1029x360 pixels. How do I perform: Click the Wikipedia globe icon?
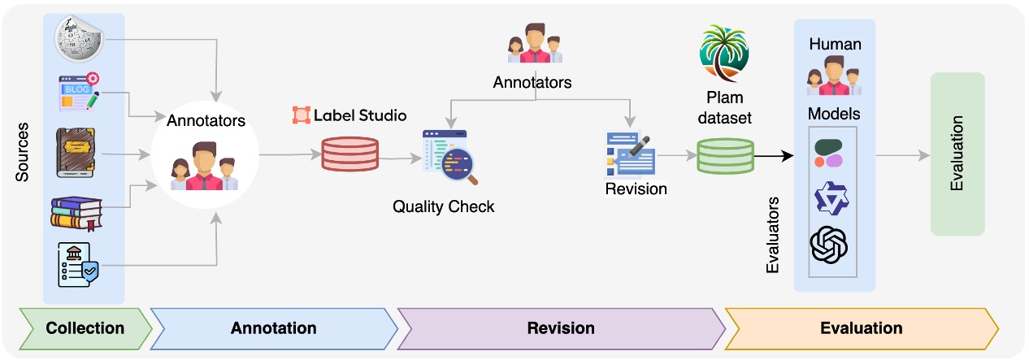point(78,37)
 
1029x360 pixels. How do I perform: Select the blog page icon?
point(79,92)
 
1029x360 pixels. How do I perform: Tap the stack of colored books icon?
point(75,210)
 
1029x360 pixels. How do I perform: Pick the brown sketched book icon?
point(78,151)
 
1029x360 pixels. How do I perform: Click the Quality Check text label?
point(443,206)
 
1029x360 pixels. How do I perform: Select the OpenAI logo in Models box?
point(828,245)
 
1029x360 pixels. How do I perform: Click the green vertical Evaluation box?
point(957,154)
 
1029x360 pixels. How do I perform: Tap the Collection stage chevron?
point(85,328)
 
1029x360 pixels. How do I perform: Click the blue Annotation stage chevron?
point(273,328)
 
